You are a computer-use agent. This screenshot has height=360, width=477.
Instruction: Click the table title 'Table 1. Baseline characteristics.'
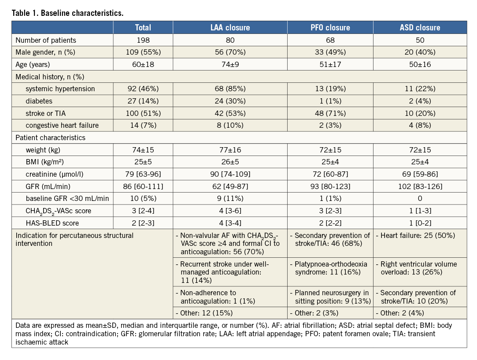point(68,13)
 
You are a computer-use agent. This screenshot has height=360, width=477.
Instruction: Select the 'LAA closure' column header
point(230,27)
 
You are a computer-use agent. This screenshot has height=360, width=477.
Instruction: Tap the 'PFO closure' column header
point(330,27)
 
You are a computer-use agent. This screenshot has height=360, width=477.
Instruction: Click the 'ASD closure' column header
point(420,27)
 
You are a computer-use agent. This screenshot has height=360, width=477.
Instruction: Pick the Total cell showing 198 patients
point(143,40)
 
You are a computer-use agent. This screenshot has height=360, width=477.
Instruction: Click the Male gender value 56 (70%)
point(230,52)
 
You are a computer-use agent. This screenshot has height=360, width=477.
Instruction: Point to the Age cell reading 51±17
point(330,64)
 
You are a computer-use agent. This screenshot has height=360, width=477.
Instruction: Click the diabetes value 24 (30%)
point(230,101)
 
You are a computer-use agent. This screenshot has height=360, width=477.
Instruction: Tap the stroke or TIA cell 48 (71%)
point(330,113)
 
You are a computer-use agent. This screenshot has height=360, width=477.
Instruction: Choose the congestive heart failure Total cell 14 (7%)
point(143,126)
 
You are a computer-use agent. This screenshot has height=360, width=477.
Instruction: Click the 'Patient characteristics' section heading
point(51,137)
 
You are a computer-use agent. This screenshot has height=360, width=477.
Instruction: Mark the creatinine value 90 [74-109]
point(230,174)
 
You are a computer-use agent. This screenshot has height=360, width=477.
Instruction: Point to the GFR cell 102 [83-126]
point(420,186)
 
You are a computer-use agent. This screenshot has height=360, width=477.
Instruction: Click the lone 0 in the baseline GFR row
point(420,199)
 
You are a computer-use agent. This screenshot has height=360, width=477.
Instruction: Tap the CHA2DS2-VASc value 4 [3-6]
point(230,211)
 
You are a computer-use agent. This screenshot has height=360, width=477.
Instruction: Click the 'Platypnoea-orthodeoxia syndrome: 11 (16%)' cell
point(330,268)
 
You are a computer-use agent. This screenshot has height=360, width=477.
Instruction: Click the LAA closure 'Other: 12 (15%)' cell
point(205,313)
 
